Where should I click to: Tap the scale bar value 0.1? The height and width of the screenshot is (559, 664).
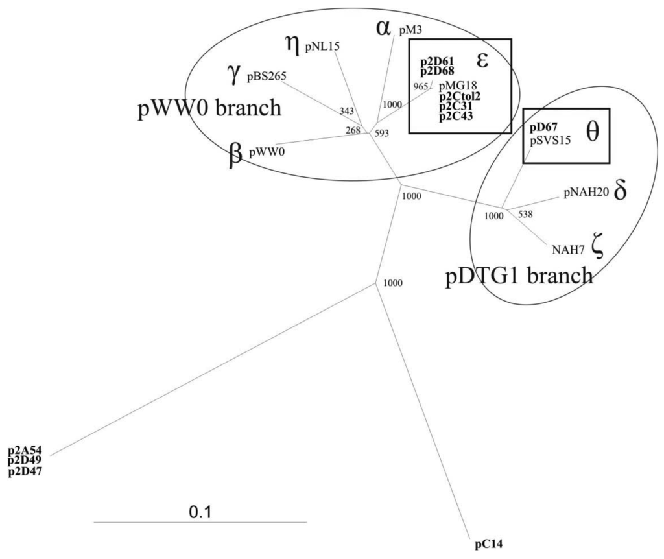coord(199,512)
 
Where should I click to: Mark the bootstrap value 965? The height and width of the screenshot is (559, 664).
coord(421,85)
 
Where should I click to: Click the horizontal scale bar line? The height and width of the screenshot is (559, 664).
coord(200,521)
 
